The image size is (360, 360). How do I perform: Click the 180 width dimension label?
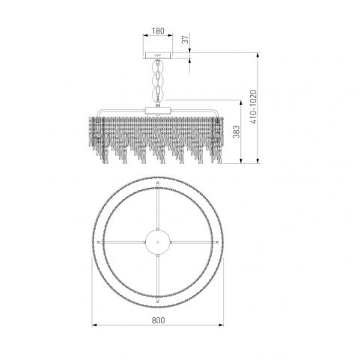158,31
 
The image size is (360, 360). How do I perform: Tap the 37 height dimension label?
186,40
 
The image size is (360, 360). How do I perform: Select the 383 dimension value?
236,132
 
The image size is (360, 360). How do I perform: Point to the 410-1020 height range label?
253,107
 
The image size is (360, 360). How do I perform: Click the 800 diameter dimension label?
158,320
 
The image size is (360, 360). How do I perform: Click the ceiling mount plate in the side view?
158,55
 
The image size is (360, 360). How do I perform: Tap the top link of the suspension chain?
158,66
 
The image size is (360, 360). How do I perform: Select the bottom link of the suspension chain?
158,94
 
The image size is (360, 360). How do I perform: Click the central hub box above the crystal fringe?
158,111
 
